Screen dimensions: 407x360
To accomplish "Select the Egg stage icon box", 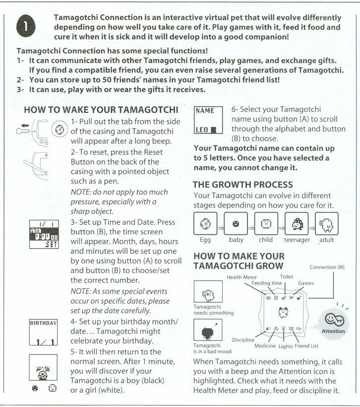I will [205, 224].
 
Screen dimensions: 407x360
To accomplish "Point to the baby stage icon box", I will [236, 224].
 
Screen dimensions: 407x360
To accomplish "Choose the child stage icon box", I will [267, 224].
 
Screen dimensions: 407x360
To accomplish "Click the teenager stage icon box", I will [297, 224].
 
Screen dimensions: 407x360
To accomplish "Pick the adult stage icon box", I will [327, 224].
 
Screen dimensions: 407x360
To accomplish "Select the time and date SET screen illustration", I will [43, 233].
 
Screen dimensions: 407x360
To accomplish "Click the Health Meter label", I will [242, 276].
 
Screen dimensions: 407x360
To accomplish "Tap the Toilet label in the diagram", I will [288, 275].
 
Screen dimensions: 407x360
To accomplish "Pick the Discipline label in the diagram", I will [243, 340].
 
